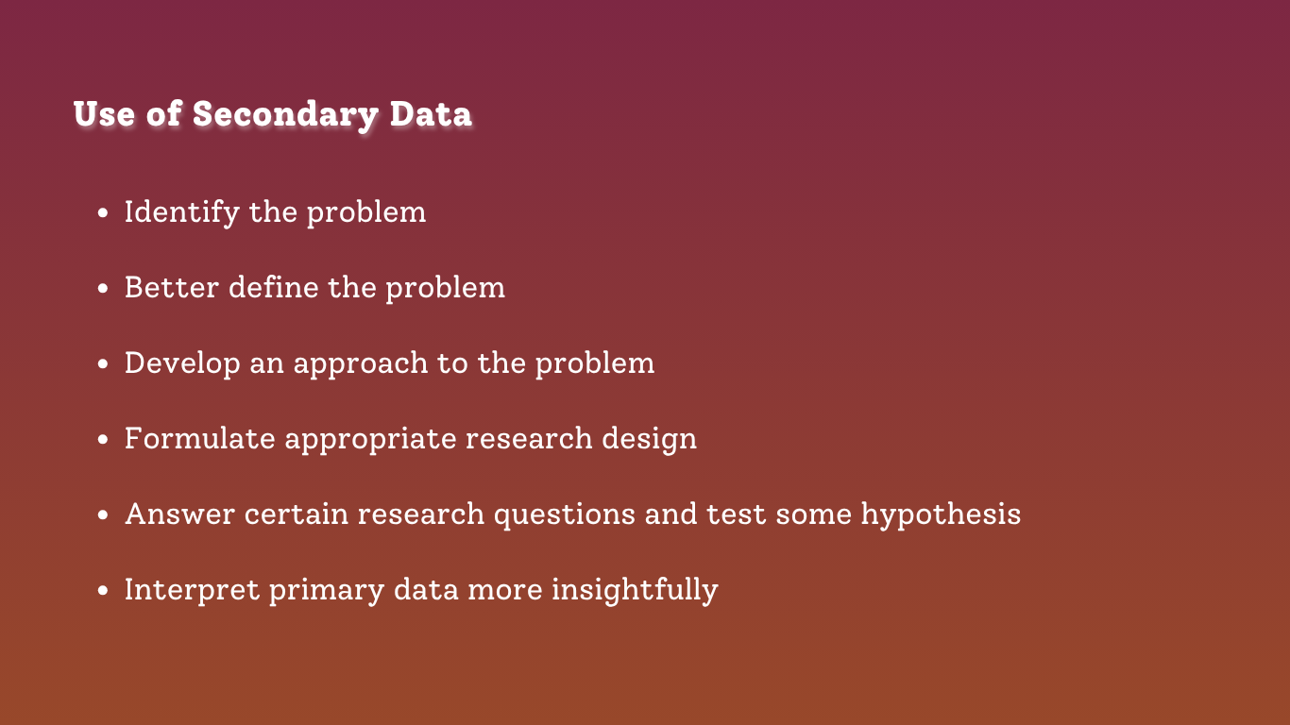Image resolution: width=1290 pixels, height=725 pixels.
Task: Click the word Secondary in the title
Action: (x=285, y=114)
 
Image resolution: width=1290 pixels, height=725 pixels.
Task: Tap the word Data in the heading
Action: (x=431, y=114)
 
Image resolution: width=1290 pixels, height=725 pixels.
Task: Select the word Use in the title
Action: (x=104, y=114)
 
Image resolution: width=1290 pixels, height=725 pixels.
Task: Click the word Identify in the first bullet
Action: (x=182, y=212)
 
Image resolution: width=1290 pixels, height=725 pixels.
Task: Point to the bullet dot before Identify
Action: (x=103, y=213)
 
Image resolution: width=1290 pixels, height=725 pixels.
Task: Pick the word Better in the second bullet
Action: (x=172, y=287)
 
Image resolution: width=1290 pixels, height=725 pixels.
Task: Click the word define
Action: (x=274, y=287)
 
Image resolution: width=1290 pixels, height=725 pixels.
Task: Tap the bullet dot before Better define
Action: (x=103, y=289)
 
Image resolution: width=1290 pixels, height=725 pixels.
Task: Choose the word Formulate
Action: (x=200, y=438)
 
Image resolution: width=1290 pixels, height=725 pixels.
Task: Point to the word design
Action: (x=649, y=439)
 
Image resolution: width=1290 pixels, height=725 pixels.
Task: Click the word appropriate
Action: (x=370, y=440)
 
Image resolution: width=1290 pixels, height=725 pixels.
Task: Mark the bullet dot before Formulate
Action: (x=103, y=439)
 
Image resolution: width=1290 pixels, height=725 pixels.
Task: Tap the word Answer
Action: (x=179, y=514)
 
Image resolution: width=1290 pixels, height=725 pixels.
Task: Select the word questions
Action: (x=565, y=514)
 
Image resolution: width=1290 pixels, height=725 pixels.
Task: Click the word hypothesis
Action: (x=941, y=514)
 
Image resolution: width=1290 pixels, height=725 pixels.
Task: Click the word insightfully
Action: (x=635, y=590)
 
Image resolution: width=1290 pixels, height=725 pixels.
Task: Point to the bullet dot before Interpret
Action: (x=103, y=590)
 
